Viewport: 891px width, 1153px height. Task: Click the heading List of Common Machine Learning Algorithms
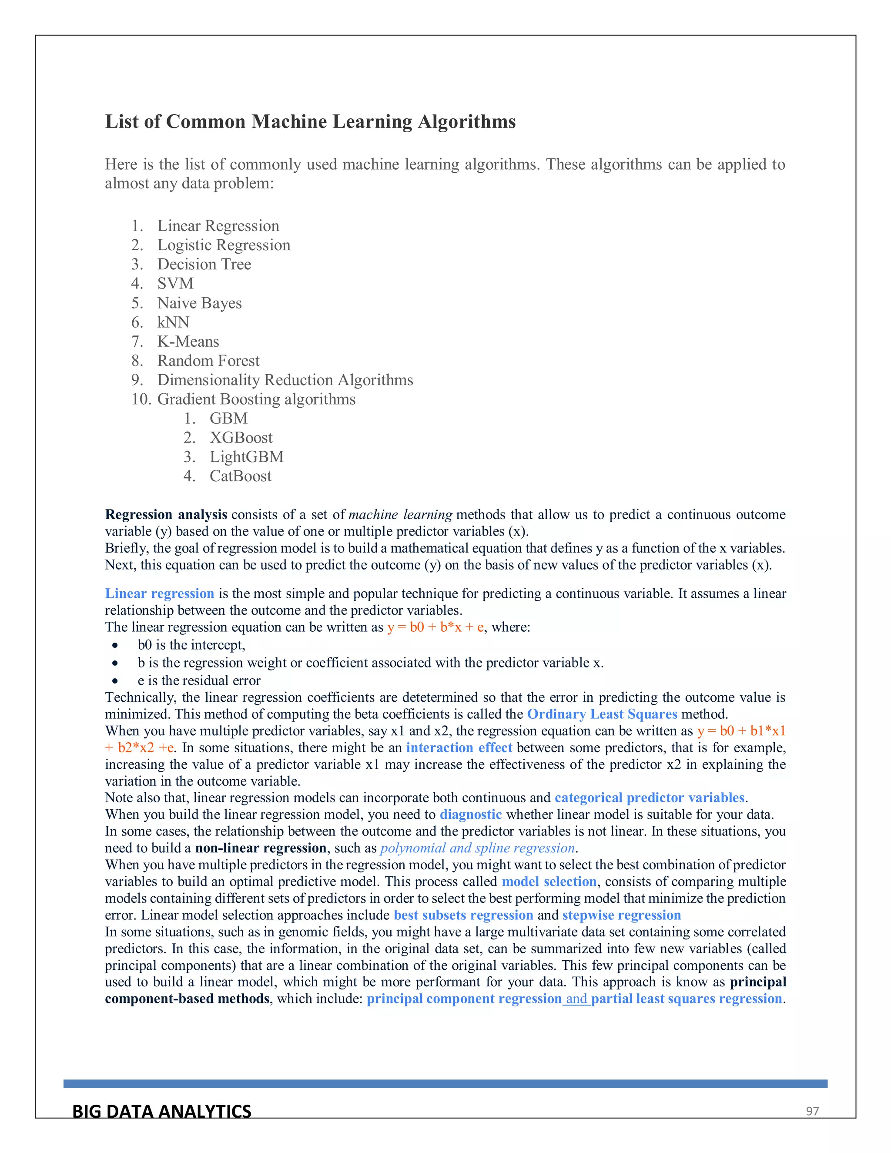coord(310,122)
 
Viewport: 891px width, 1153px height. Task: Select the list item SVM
coord(175,284)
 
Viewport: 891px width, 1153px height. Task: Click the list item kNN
coord(173,322)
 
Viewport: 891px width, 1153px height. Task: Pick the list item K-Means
coord(188,342)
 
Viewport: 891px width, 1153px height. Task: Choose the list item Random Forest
coord(208,361)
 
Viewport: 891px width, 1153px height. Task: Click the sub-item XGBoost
coord(241,438)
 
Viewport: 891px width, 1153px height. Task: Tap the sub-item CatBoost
coord(240,476)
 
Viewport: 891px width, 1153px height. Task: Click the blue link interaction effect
coord(459,747)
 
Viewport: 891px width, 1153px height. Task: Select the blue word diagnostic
coord(470,814)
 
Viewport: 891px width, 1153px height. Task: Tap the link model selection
coord(549,882)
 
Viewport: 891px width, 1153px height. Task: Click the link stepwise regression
coord(621,915)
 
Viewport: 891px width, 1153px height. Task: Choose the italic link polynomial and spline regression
coord(477,848)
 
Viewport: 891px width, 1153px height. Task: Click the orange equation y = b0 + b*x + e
coord(435,627)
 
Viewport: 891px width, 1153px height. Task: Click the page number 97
coord(812,1111)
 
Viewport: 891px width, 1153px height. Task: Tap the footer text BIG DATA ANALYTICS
coord(161,1111)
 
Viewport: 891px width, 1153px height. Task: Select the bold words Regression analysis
coord(166,514)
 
